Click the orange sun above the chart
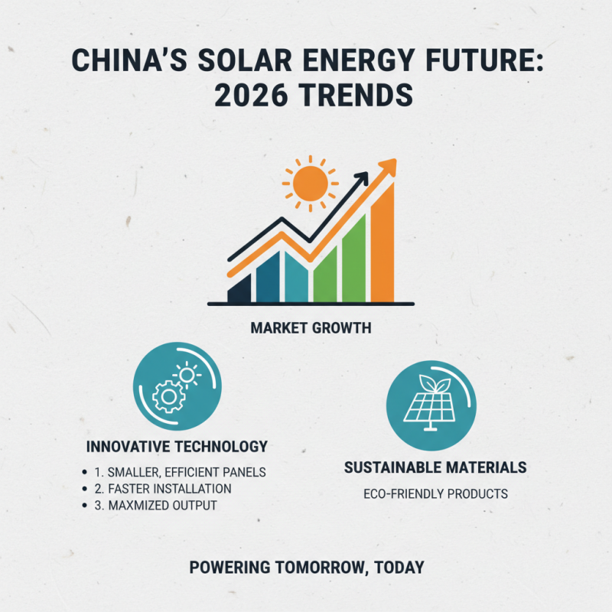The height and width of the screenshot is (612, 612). tap(309, 184)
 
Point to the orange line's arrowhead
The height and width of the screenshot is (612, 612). tap(389, 166)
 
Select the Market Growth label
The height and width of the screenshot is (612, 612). tap(311, 328)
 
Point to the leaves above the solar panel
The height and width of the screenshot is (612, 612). tap(431, 379)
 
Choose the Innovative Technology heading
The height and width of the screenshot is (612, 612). tap(177, 446)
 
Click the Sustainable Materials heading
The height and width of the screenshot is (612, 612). tap(435, 467)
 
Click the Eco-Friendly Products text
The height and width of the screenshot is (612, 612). tap(435, 493)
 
